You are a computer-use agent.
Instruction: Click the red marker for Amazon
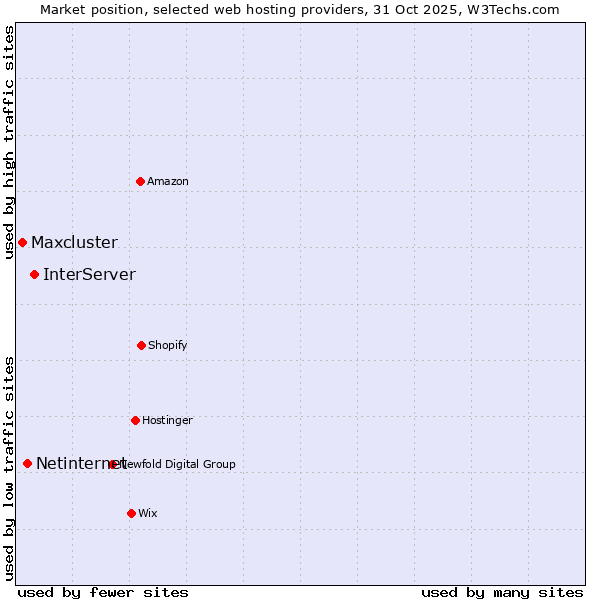pyautogui.click(x=140, y=181)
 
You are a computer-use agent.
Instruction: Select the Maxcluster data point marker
pyautogui.click(x=22, y=242)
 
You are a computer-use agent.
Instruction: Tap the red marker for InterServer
pyautogui.click(x=34, y=274)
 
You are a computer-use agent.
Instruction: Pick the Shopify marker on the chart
pyautogui.click(x=141, y=345)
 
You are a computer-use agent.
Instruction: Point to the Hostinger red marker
pyautogui.click(x=135, y=420)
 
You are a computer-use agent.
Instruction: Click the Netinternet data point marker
pyautogui.click(x=27, y=463)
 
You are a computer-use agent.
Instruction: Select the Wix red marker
pyautogui.click(x=131, y=513)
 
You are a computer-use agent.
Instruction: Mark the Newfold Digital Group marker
pyautogui.click(x=113, y=464)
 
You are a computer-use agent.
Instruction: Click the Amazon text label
pyautogui.click(x=168, y=181)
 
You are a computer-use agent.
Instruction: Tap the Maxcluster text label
pyautogui.click(x=74, y=242)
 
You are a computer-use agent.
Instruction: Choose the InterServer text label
pyautogui.click(x=89, y=274)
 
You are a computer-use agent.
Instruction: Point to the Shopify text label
pyautogui.click(x=168, y=345)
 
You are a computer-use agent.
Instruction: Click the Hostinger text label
pyautogui.click(x=167, y=420)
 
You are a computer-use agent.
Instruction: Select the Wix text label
pyautogui.click(x=148, y=513)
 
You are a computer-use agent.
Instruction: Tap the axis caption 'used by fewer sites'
pyautogui.click(x=103, y=592)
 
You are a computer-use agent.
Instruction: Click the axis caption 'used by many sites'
pyautogui.click(x=502, y=592)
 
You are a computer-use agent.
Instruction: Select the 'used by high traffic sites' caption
pyautogui.click(x=9, y=142)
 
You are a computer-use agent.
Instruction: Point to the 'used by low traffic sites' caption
pyautogui.click(x=9, y=469)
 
